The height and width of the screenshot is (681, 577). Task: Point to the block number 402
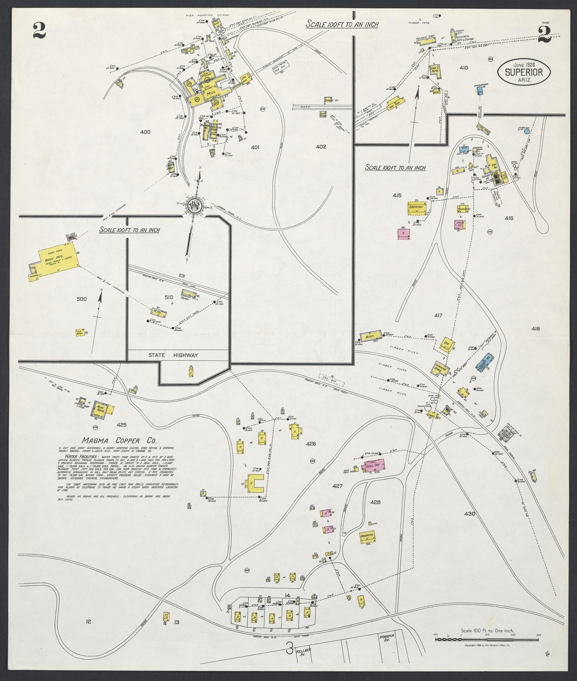tap(321, 147)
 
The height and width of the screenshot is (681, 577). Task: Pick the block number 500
tap(82, 299)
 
